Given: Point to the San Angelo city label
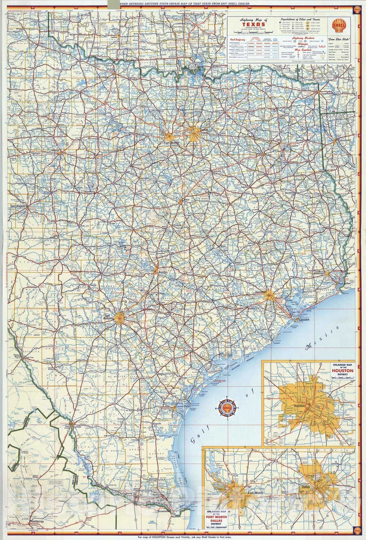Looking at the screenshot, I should pos(19,206).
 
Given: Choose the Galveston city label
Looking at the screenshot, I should pos(303,319).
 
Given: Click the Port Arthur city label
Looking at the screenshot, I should pos(345,284).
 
